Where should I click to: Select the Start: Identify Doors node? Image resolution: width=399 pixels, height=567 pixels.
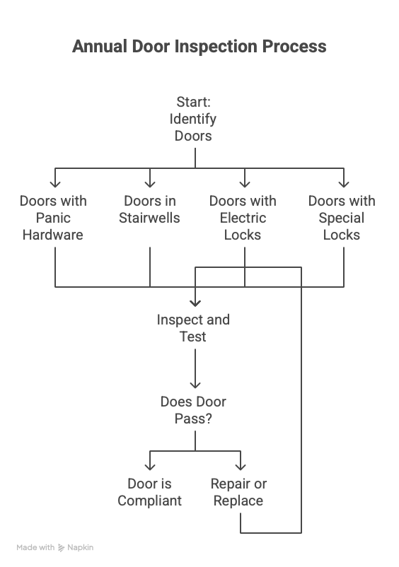coord(193,119)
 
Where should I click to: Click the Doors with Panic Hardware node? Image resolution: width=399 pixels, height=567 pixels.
coord(53,218)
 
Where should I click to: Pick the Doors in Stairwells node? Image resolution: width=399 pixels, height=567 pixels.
coord(149,209)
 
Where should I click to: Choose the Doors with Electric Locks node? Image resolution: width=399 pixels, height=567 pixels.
coord(243,218)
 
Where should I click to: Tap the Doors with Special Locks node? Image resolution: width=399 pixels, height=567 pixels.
coord(342,218)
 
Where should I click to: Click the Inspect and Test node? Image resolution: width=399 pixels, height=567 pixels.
coord(193,328)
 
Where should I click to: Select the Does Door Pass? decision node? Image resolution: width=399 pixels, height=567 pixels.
coord(193,410)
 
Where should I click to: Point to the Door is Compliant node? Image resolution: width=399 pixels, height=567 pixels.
coord(150,492)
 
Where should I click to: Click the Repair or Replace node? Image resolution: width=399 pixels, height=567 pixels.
coord(238,492)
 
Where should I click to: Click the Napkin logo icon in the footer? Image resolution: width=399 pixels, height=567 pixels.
coord(61,548)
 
